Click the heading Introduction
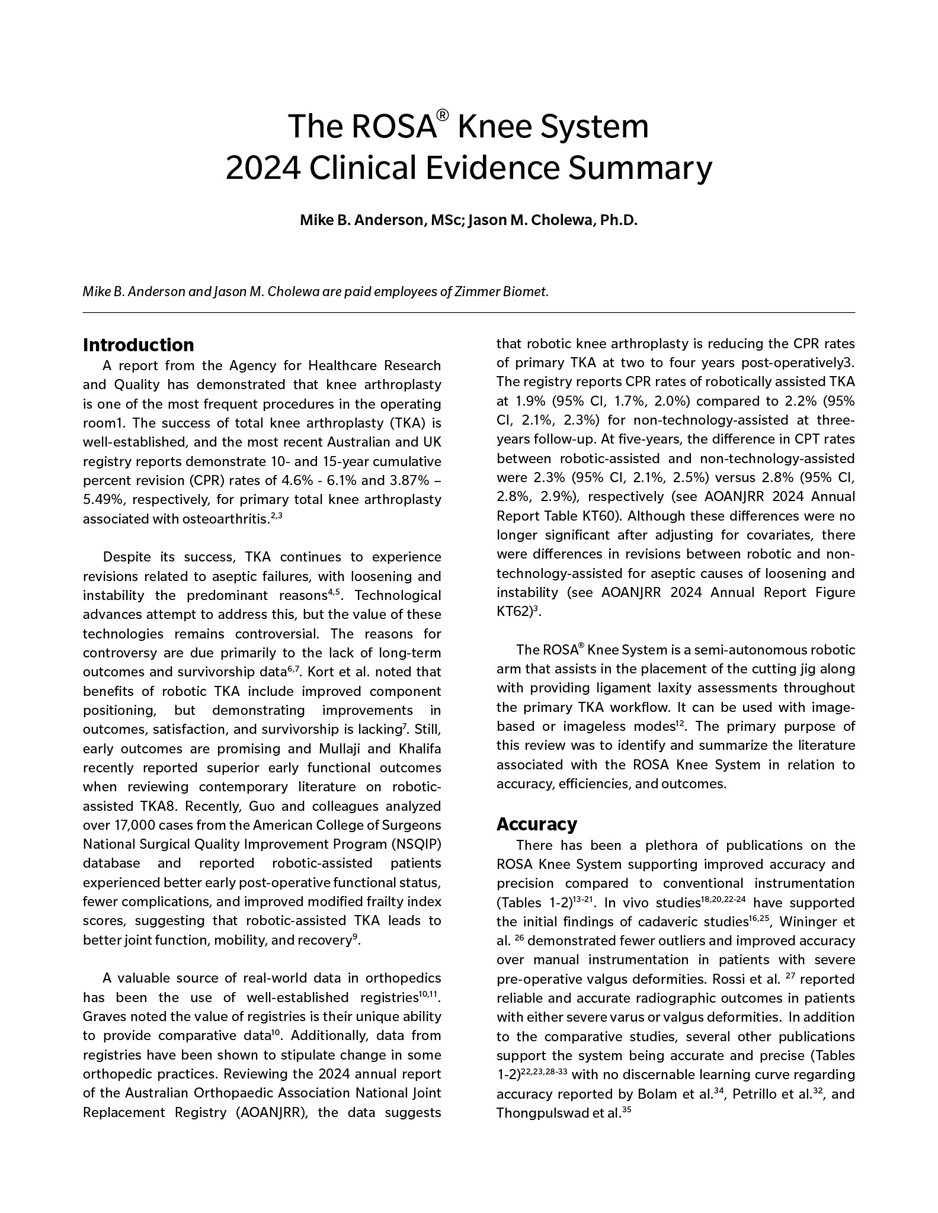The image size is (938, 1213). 138,345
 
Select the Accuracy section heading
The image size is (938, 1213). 536,824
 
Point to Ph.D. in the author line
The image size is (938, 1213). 619,220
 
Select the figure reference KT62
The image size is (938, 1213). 513,612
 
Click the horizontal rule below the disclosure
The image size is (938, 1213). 469,312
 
